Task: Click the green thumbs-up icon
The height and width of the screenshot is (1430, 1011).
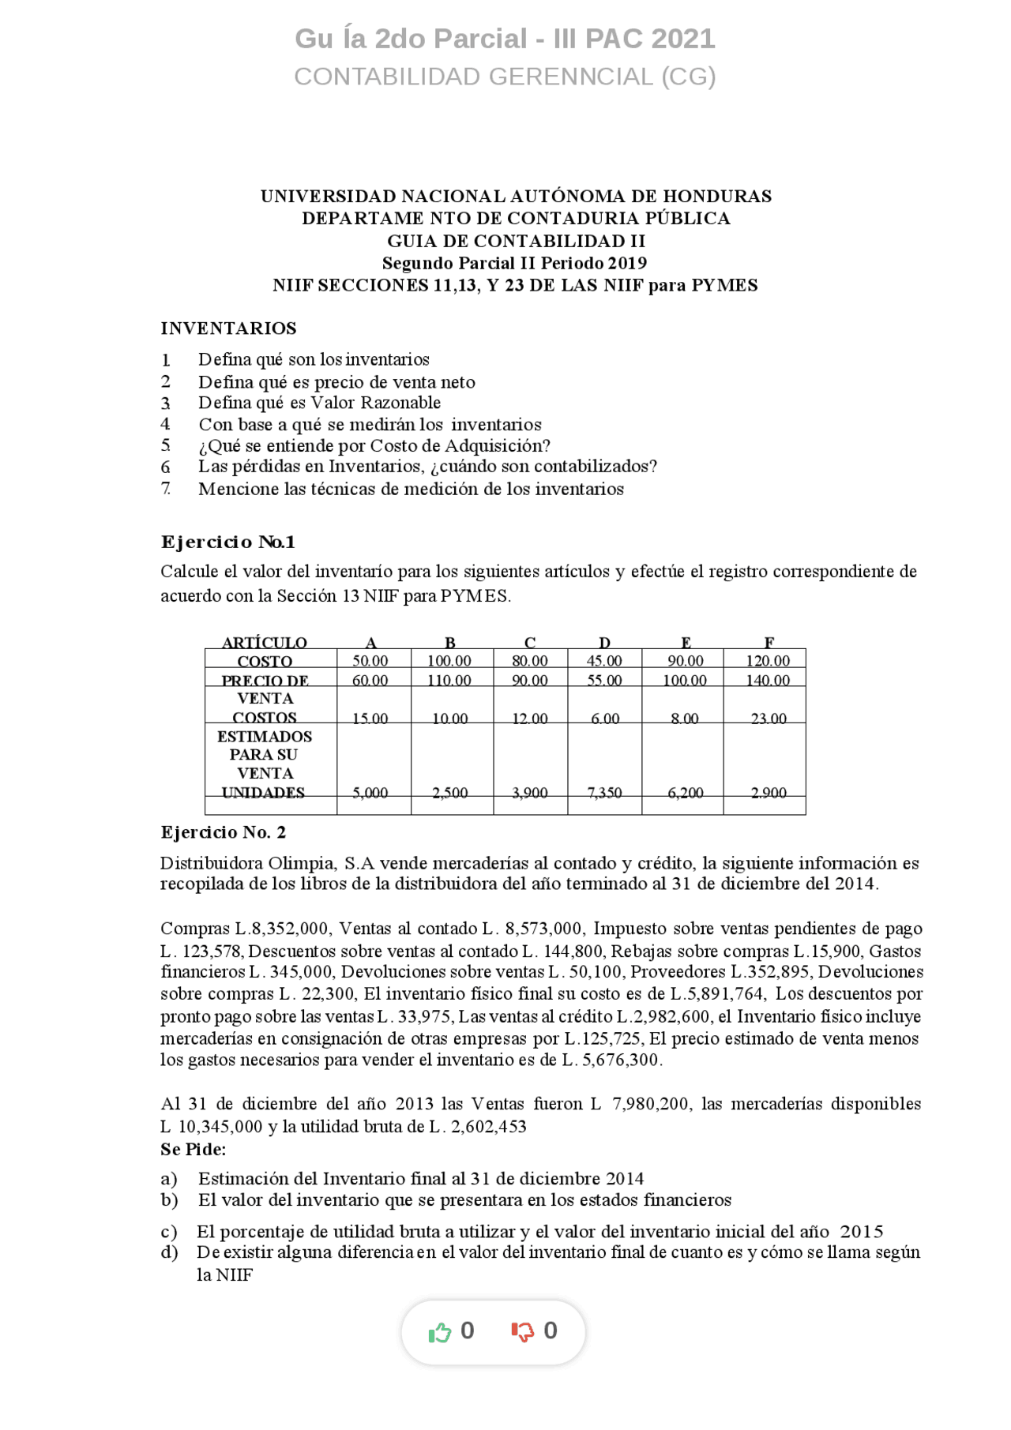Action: click(x=440, y=1332)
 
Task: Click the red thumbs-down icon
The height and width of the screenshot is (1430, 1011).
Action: click(x=522, y=1332)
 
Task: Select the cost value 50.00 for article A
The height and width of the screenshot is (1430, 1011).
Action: click(x=370, y=661)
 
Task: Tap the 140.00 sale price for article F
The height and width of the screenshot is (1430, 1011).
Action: click(x=768, y=681)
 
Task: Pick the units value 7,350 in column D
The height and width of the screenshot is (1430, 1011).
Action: click(x=604, y=793)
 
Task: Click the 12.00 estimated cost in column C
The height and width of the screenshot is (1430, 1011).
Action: click(x=529, y=719)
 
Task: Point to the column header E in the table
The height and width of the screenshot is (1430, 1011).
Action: click(x=686, y=643)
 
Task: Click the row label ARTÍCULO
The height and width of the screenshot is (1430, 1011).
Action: click(x=265, y=643)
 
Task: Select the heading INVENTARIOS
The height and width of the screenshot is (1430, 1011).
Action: click(x=228, y=328)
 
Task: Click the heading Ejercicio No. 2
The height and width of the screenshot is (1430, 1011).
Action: click(x=224, y=832)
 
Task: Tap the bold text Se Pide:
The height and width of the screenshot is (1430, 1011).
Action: click(x=194, y=1149)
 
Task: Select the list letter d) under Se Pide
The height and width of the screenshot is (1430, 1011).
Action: click(x=169, y=1252)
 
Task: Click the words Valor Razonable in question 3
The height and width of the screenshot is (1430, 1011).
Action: click(x=375, y=403)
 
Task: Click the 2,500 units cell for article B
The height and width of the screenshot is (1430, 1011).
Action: click(x=449, y=793)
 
